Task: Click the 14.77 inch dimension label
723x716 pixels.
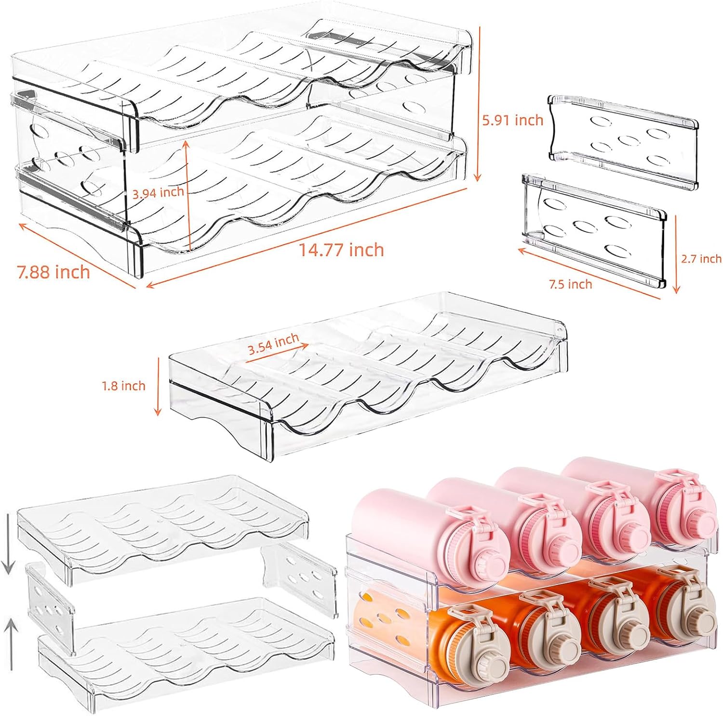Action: pyautogui.click(x=342, y=250)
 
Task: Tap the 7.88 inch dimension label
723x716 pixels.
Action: pyautogui.click(x=54, y=272)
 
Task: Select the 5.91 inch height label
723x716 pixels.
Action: pyautogui.click(x=513, y=120)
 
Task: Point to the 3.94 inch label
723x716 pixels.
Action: pyautogui.click(x=158, y=193)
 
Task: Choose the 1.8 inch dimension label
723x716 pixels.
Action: pyautogui.click(x=123, y=386)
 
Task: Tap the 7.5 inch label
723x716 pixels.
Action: pyautogui.click(x=571, y=284)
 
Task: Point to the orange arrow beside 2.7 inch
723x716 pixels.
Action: pyautogui.click(x=676, y=254)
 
